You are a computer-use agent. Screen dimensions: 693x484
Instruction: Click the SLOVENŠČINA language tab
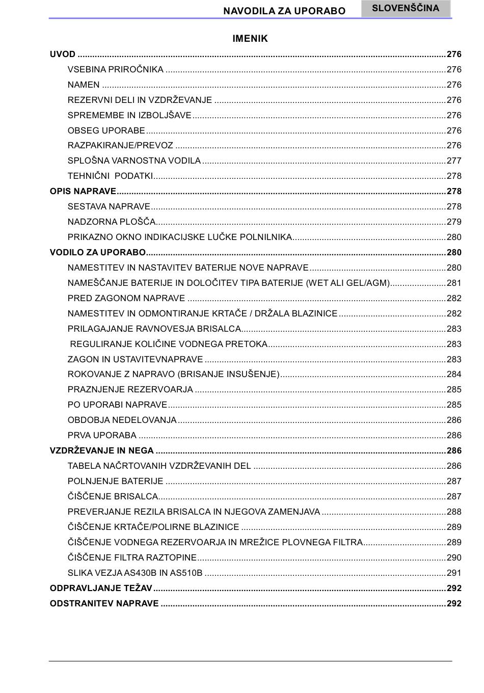point(406,8)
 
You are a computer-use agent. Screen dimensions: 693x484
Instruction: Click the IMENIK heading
point(250,39)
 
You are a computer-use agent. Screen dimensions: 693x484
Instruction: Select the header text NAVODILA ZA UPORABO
point(284,11)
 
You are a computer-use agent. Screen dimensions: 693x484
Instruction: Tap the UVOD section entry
point(63,54)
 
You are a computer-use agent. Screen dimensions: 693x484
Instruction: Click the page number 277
point(454,161)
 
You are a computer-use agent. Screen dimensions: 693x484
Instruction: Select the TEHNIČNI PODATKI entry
point(110,176)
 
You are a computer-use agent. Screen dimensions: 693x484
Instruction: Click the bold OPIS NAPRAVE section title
point(83,192)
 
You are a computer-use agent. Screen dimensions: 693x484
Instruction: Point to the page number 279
point(454,222)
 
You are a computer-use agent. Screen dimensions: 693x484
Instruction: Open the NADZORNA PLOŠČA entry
point(112,222)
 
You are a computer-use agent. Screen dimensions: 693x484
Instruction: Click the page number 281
point(454,283)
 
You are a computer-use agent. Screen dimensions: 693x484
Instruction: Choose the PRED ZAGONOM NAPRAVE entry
point(126,299)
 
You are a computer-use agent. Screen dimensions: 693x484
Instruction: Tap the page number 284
point(454,375)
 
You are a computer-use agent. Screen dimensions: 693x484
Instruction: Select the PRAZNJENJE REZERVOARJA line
point(130,390)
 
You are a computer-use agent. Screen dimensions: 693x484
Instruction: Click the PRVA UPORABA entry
point(102,436)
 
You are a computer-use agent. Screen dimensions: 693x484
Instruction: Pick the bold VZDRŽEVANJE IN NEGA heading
point(101,451)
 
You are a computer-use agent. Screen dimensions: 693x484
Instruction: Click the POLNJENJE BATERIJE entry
point(116,482)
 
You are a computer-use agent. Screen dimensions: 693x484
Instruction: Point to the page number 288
point(454,512)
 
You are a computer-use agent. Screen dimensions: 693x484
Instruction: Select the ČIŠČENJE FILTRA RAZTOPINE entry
point(132,558)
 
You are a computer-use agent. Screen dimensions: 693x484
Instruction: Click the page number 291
point(454,573)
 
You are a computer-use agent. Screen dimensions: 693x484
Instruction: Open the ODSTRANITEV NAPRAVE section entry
point(104,604)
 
